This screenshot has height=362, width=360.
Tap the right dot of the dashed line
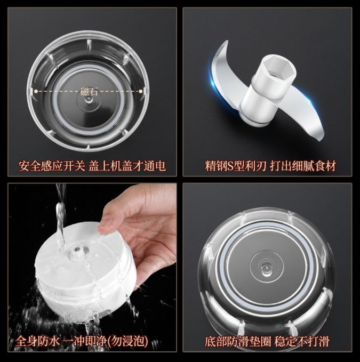[x=143, y=91]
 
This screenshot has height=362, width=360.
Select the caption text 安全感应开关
[x=52, y=165]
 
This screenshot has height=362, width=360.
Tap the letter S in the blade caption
[x=230, y=165]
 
